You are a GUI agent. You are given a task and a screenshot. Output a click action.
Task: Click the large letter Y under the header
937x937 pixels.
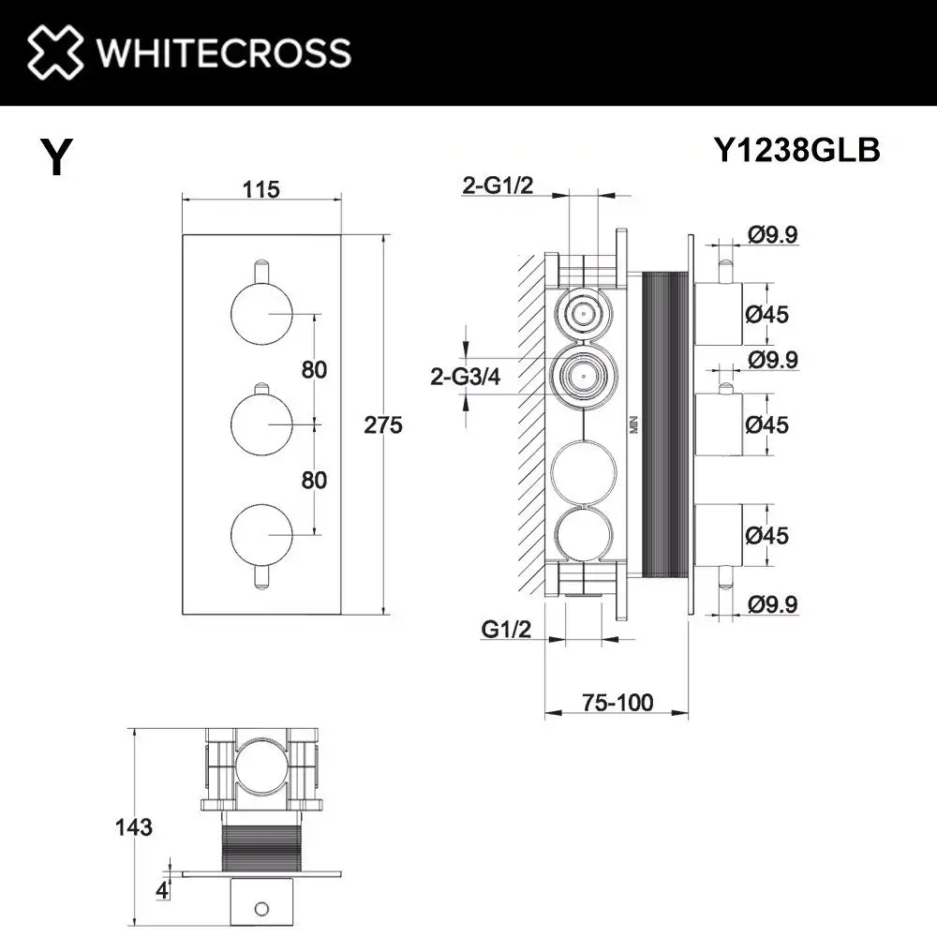click(x=56, y=157)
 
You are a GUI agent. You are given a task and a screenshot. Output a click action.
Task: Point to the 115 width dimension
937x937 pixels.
click(x=260, y=189)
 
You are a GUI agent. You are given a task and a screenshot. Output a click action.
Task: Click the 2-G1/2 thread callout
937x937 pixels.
click(x=498, y=186)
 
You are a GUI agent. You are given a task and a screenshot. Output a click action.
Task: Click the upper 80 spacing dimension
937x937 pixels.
click(x=315, y=369)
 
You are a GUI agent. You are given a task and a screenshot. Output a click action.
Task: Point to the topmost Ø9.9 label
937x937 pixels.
click(x=773, y=235)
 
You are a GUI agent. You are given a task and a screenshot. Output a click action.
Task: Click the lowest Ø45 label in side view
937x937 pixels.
click(x=767, y=535)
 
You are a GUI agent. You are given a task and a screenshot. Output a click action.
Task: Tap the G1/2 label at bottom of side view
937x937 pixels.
click(x=506, y=630)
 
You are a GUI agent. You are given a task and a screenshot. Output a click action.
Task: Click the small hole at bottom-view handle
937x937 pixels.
click(x=262, y=907)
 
